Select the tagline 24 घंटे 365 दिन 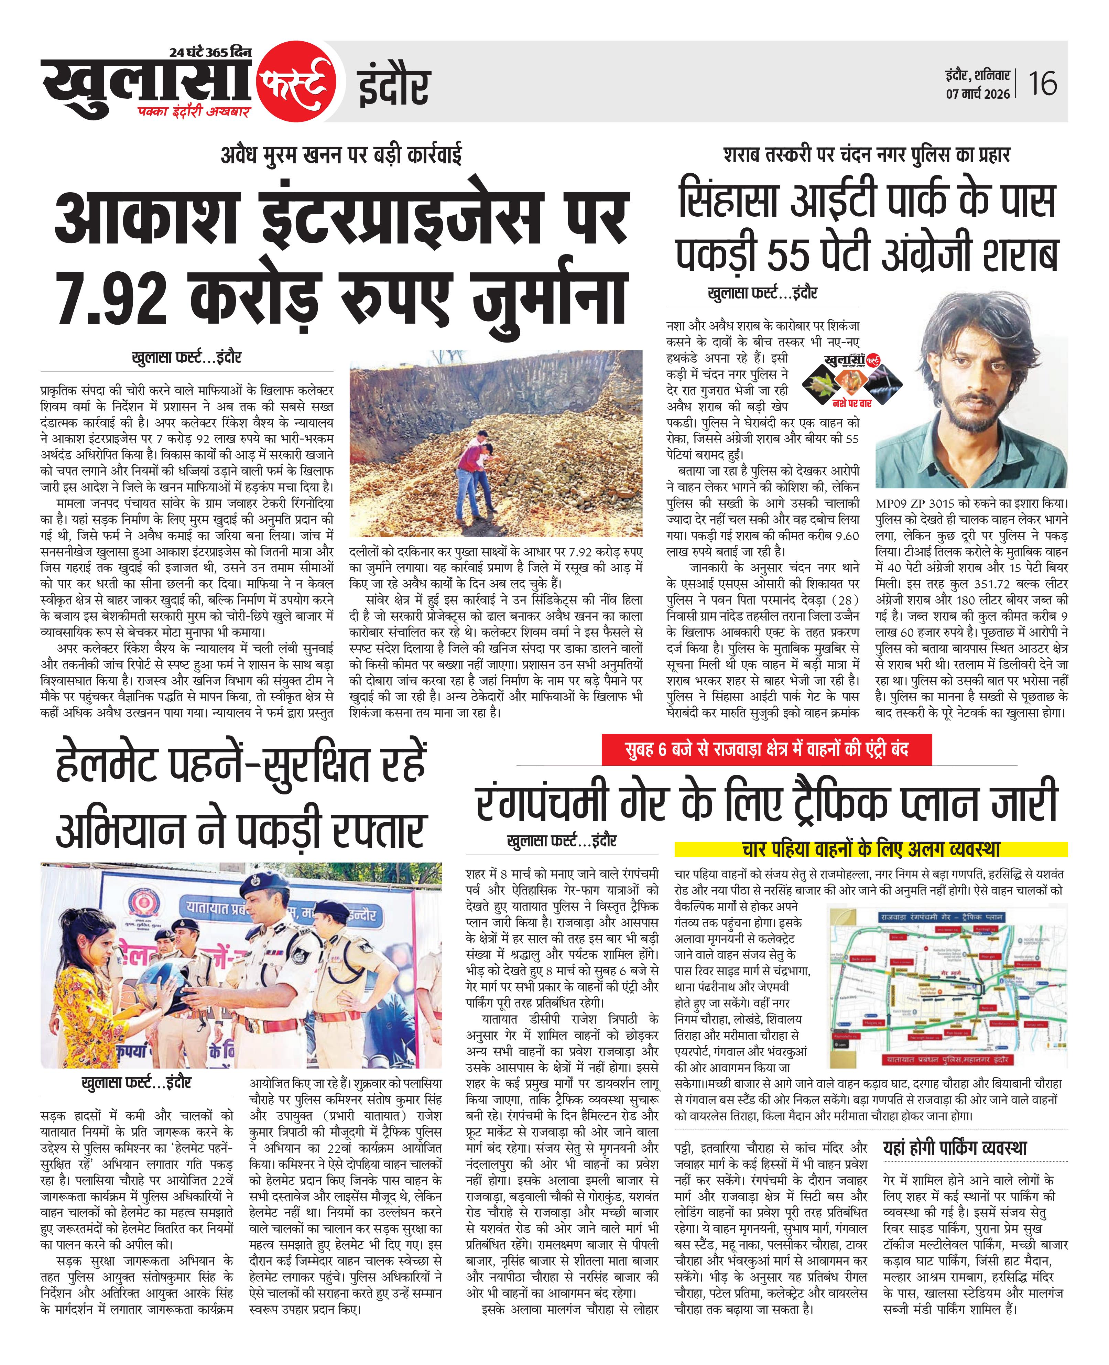(x=211, y=52)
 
